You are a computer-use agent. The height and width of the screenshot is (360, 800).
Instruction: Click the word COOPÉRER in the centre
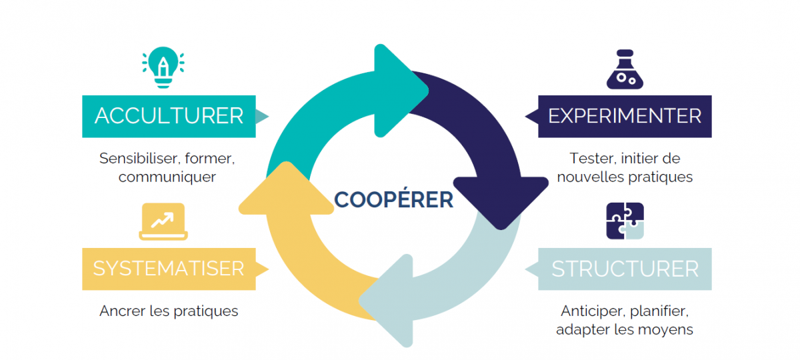click(393, 199)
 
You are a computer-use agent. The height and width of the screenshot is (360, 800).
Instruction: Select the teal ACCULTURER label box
click(169, 116)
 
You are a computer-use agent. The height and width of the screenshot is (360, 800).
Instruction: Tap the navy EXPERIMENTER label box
click(625, 116)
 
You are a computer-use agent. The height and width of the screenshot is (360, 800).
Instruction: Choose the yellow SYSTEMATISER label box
click(169, 269)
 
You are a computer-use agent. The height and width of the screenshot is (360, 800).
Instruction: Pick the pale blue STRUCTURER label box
click(625, 269)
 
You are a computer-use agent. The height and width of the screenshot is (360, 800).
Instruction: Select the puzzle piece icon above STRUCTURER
click(625, 221)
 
